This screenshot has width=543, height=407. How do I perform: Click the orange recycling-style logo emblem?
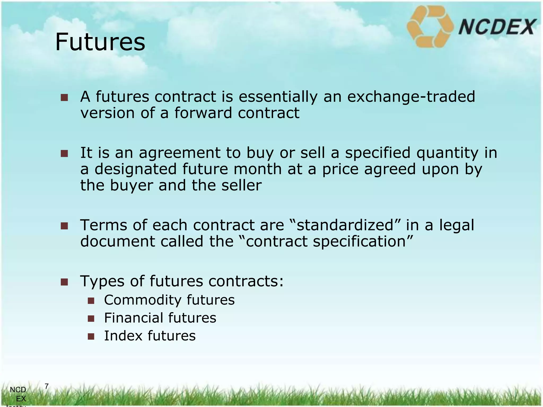coord(430,26)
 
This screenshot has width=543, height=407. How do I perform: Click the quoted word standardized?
coord(345,225)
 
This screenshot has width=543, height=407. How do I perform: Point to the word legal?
coord(457,225)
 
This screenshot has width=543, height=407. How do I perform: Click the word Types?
coord(102,281)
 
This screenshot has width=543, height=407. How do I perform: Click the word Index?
coord(123,336)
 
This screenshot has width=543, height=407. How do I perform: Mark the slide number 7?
coord(47,387)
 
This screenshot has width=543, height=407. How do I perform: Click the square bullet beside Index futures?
coord(91,337)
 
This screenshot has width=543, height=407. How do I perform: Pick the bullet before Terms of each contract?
coord(64,226)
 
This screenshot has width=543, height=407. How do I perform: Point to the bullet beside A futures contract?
coord(64,98)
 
